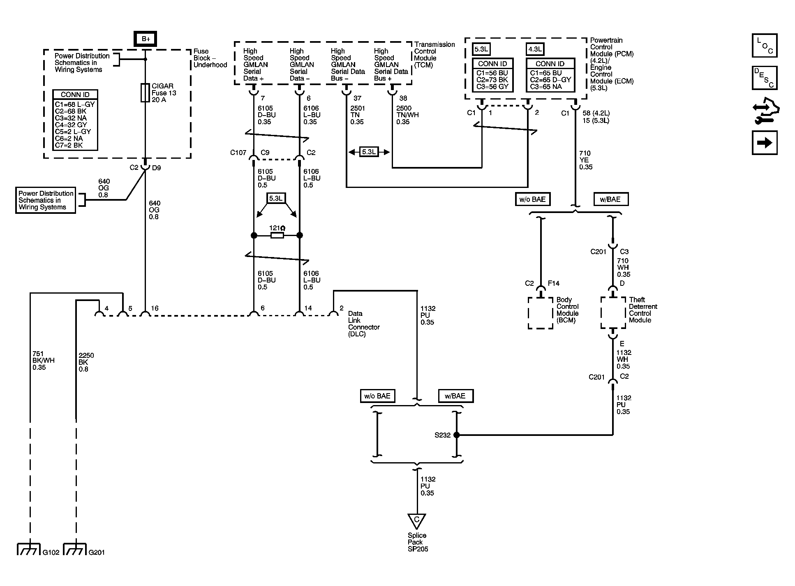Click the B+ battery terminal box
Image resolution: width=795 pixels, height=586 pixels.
tap(146, 39)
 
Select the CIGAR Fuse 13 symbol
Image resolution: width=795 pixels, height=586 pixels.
tap(145, 93)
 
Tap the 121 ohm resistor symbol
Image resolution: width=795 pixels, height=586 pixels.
tap(277, 235)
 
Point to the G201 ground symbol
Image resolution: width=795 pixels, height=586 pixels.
tap(75, 549)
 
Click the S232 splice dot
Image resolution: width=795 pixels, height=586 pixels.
tap(456, 435)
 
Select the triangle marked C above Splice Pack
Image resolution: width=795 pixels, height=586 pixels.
tap(417, 521)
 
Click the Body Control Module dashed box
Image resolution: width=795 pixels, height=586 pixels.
tap(541, 313)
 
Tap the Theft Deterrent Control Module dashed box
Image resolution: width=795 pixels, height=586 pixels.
tap(613, 313)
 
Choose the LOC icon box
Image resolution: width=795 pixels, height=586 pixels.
tap(765, 45)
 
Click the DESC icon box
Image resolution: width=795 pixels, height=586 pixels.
tap(765, 78)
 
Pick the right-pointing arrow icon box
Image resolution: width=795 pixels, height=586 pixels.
tap(765, 143)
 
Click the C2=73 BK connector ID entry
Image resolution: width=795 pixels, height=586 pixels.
tap(492, 80)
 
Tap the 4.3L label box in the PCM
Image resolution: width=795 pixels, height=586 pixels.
tap(535, 49)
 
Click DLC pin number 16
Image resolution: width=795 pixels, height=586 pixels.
tap(154, 308)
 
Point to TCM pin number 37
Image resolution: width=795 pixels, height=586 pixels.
tap(357, 98)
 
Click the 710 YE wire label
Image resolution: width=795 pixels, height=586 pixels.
tap(586, 160)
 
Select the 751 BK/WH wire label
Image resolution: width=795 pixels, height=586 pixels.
tap(43, 360)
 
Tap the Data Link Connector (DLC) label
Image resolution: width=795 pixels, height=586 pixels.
tap(364, 324)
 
